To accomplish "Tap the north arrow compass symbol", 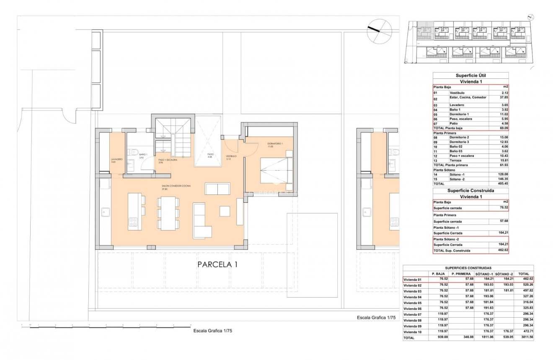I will click(x=379, y=32).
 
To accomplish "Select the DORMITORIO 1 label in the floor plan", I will click(x=275, y=144).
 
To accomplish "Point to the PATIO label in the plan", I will click(x=210, y=154).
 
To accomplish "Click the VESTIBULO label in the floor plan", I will click(x=232, y=156).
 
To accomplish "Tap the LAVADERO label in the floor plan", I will click(x=116, y=160).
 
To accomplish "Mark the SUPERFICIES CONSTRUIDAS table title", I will click(x=468, y=267).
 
